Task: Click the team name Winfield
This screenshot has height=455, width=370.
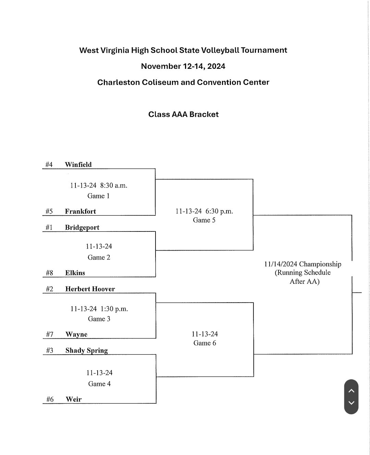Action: click(78, 165)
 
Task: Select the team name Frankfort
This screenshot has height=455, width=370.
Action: click(80, 211)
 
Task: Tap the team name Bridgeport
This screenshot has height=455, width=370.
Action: click(82, 228)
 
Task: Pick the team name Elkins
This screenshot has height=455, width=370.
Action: click(75, 273)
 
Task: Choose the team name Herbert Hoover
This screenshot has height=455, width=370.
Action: click(90, 289)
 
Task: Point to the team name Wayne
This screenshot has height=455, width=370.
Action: click(76, 334)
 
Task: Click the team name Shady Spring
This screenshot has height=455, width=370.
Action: click(87, 351)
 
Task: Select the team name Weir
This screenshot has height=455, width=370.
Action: click(74, 399)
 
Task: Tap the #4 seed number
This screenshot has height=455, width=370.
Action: click(49, 165)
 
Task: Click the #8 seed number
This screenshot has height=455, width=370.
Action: click(49, 273)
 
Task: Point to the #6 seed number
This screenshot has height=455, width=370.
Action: click(50, 399)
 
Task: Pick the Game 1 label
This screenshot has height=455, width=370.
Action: click(98, 196)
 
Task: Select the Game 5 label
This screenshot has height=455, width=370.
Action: click(204, 220)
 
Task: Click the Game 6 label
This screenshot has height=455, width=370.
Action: click(205, 343)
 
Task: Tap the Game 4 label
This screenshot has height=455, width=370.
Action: click(99, 384)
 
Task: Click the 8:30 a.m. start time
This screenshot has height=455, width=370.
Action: click(114, 186)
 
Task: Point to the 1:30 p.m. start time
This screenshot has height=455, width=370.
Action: click(114, 309)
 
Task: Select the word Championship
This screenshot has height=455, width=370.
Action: click(320, 264)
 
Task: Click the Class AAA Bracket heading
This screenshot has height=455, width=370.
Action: click(183, 114)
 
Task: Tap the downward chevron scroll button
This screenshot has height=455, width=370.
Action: click(351, 403)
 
